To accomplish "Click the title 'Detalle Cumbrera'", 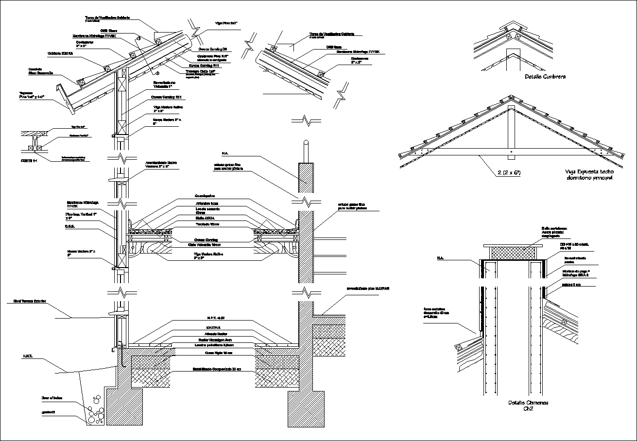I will pyautogui.click(x=545, y=77).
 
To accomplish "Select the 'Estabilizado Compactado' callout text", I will pyautogui.click(x=214, y=370).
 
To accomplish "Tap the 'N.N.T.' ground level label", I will pyautogui.click(x=27, y=356).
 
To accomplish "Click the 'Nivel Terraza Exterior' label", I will pyautogui.click(x=27, y=302).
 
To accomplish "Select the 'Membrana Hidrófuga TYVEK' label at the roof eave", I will pyautogui.click(x=94, y=36).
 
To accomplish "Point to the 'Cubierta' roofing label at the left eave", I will pyautogui.click(x=60, y=53).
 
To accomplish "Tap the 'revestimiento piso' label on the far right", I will pyautogui.click(x=368, y=288).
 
